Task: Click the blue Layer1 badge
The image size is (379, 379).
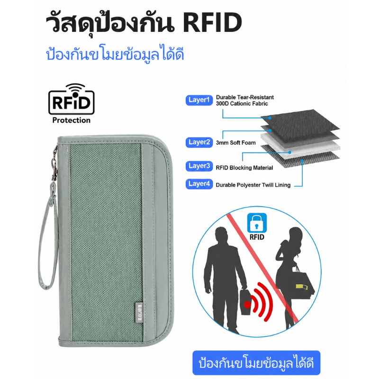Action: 199,100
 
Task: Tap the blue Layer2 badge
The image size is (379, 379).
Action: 199,143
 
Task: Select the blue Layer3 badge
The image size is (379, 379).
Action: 199,166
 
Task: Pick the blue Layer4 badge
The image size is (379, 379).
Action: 199,184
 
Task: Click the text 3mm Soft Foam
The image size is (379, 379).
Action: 235,143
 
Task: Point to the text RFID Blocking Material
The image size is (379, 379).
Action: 244,168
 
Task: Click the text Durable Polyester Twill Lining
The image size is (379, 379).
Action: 253,185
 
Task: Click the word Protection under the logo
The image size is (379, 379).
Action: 72,120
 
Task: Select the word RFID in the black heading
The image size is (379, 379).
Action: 212,22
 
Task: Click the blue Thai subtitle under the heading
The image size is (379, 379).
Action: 115,54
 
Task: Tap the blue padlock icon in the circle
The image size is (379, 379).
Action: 257,223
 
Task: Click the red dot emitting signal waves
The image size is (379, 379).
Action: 247,305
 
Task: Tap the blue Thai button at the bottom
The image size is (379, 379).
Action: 256,363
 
